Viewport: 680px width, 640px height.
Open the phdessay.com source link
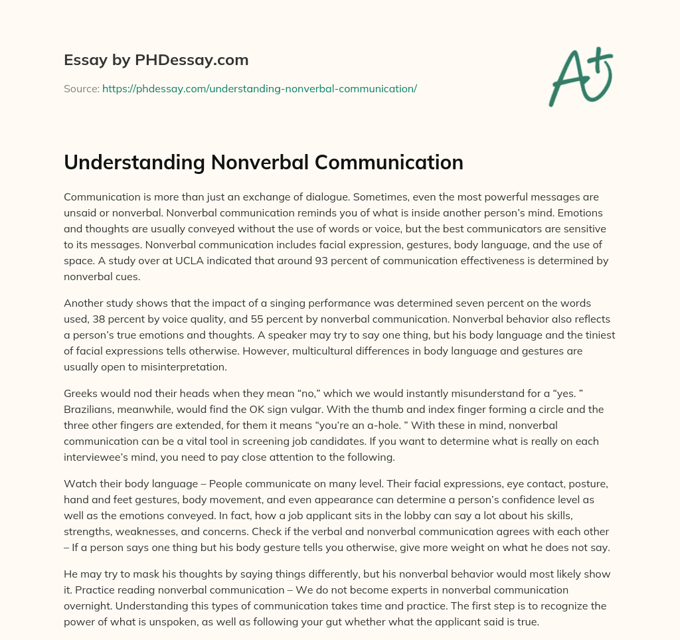coord(259,88)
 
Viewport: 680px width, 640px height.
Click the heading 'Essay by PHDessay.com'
coord(156,60)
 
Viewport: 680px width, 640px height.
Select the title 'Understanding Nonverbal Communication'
coord(264,163)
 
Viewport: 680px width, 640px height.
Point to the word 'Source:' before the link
coord(81,88)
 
